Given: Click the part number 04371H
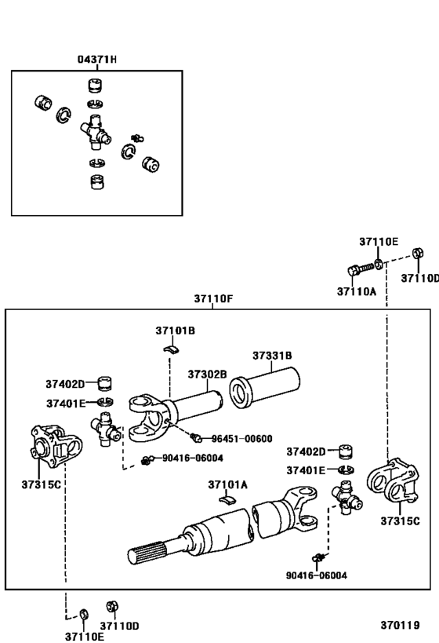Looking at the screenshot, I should pyautogui.click(x=97, y=60).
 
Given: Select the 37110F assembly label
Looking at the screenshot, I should pyautogui.click(x=215, y=299).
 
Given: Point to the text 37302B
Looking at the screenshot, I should pyautogui.click(x=207, y=374).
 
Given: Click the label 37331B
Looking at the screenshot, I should pyautogui.click(x=272, y=356).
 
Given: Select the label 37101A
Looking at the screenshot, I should pyautogui.click(x=227, y=484).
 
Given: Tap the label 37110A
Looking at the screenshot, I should pyautogui.click(x=357, y=291).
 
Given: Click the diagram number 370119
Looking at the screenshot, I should pyautogui.click(x=399, y=626).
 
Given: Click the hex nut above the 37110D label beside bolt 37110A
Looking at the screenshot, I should pyautogui.click(x=418, y=254).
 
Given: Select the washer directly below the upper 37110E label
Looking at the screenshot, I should pyautogui.click(x=379, y=263).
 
